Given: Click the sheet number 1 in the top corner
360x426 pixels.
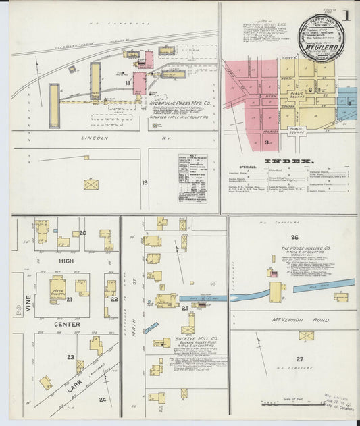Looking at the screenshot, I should (x=346, y=15).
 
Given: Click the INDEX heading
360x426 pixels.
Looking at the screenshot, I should (x=288, y=161).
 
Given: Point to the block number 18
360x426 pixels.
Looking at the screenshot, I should (x=127, y=83).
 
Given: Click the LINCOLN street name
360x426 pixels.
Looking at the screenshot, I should (x=95, y=138).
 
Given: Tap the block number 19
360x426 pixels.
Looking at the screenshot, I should (x=145, y=183).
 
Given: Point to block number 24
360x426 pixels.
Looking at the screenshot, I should (x=102, y=399).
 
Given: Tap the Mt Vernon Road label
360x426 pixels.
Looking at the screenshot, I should (x=289, y=318).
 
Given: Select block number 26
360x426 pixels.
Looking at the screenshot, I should (x=294, y=237).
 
